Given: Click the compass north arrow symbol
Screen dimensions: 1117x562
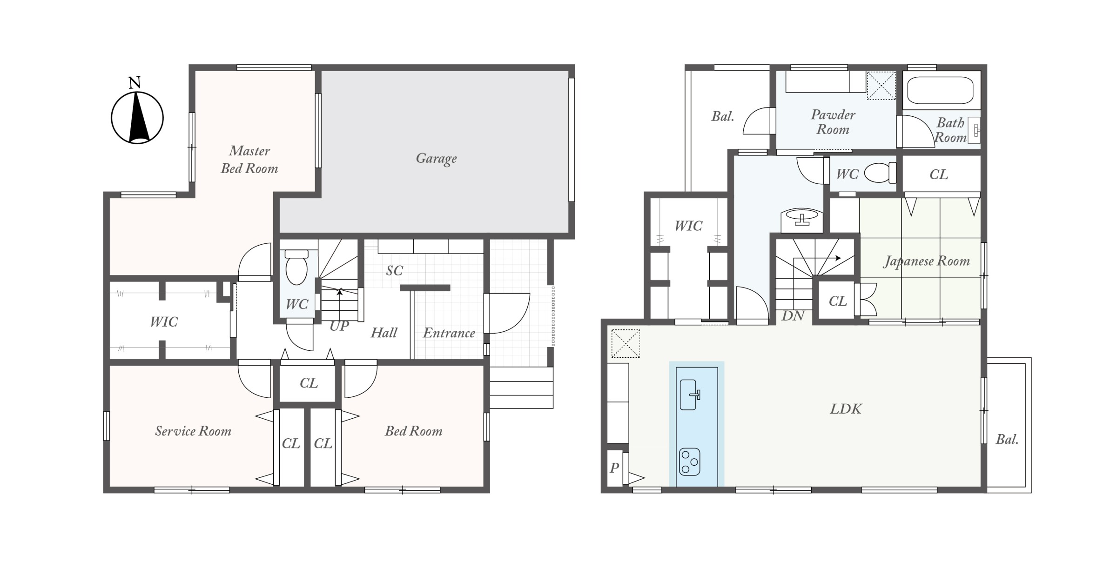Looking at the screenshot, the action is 137,118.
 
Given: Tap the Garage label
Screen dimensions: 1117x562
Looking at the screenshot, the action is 436,159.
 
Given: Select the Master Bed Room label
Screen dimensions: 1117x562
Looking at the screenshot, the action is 249,160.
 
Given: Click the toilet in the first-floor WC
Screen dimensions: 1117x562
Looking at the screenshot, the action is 296,267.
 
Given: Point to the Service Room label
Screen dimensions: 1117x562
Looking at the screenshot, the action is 193,431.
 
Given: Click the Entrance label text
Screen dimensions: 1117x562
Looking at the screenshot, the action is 449,333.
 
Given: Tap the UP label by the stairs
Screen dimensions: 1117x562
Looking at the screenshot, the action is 339,326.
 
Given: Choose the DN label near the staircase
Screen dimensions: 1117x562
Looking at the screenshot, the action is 793,316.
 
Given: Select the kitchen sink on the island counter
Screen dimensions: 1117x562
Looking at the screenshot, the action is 690,395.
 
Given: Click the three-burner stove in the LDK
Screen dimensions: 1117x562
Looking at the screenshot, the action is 690,462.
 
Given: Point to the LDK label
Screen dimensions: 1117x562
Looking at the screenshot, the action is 846,409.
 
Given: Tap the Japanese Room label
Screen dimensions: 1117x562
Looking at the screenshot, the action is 927,261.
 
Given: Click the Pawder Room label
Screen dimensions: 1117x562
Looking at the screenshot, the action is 833,122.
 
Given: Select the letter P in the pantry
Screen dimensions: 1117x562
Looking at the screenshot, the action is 614,468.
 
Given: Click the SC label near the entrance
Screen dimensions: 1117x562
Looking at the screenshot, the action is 394,271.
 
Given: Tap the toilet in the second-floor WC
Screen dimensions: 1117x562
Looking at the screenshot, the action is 880,173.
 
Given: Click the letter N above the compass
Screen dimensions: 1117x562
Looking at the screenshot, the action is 135,83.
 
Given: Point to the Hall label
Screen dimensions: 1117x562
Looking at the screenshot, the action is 384,333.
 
